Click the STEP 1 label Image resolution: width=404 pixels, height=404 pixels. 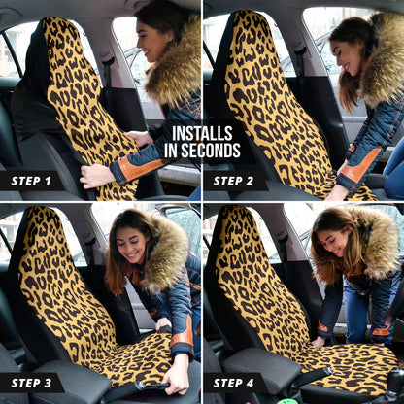pyautogui.click(x=31, y=181)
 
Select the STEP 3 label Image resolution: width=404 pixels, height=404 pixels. pyautogui.click(x=31, y=383)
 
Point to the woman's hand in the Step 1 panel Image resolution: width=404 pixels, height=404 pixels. pyautogui.click(x=95, y=176)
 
